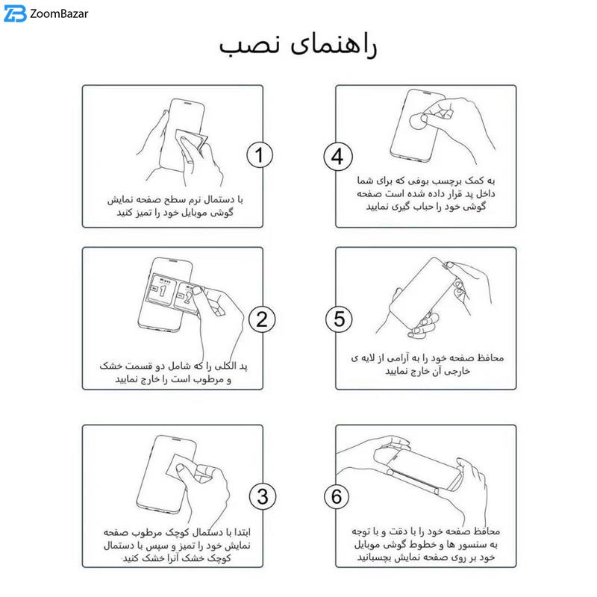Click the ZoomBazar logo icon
(15, 13)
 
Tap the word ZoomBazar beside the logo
(59, 14)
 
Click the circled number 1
(260, 155)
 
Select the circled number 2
(262, 319)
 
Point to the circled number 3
(263, 496)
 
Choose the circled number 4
(338, 157)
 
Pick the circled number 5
(339, 319)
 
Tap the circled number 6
(337, 496)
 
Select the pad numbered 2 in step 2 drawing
(187, 297)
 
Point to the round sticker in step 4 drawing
(419, 121)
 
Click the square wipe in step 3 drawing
(184, 469)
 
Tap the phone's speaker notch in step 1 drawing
(188, 103)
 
